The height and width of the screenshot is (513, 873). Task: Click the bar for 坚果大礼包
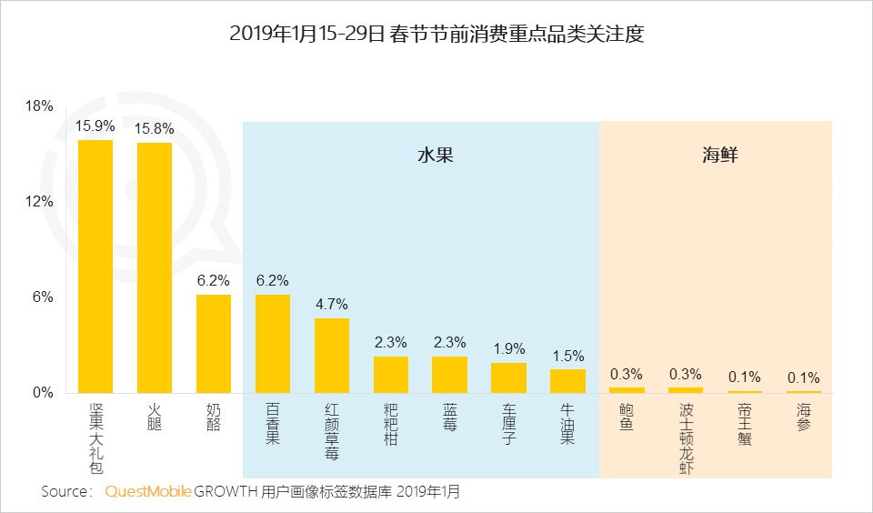pyautogui.click(x=95, y=267)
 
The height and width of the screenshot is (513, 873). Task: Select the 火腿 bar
pyautogui.click(x=155, y=267)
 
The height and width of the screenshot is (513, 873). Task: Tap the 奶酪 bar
pyautogui.click(x=214, y=344)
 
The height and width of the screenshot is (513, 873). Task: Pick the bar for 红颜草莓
pyautogui.click(x=332, y=356)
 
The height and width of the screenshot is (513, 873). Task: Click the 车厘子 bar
pyautogui.click(x=508, y=377)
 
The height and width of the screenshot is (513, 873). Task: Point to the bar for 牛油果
pyautogui.click(x=567, y=381)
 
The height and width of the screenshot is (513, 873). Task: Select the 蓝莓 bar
pyautogui.click(x=449, y=375)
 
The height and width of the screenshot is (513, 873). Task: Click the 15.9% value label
pyautogui.click(x=95, y=126)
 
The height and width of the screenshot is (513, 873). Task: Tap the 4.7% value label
pyautogui.click(x=332, y=305)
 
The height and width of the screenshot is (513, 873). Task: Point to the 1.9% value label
pyautogui.click(x=508, y=349)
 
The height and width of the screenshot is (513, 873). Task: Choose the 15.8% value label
pyautogui.click(x=155, y=128)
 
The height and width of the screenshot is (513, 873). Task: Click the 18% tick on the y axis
pyautogui.click(x=39, y=106)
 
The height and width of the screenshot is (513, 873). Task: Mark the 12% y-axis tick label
pyautogui.click(x=39, y=202)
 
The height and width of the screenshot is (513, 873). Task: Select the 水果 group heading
pyautogui.click(x=435, y=156)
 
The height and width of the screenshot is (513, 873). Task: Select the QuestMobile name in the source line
pyautogui.click(x=148, y=492)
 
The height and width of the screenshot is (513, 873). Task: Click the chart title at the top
pyautogui.click(x=436, y=35)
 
